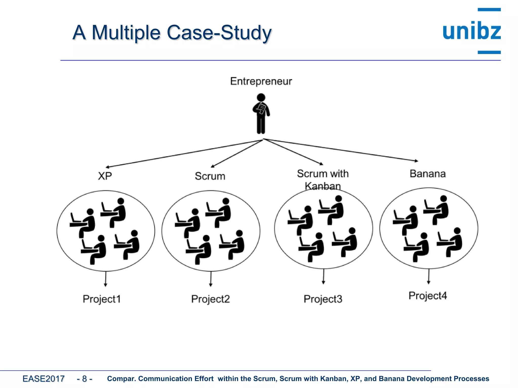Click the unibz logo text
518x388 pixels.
pyautogui.click(x=471, y=31)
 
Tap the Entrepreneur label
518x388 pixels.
pyautogui.click(x=261, y=81)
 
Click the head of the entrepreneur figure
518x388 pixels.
pyautogui.click(x=261, y=98)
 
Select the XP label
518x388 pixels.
pyautogui.click(x=105, y=176)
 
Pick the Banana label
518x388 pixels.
pyautogui.click(x=427, y=174)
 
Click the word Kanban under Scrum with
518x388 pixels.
pyautogui.click(x=322, y=186)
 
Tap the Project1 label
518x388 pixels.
pyautogui.click(x=102, y=299)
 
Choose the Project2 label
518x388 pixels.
pyautogui.click(x=210, y=299)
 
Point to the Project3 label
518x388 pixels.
pyautogui.click(x=323, y=299)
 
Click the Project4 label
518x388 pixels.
pyautogui.click(x=427, y=296)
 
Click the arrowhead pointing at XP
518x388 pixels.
pyautogui.click(x=107, y=167)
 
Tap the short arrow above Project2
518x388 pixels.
pyautogui.click(x=211, y=279)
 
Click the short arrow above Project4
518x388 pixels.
pyautogui.click(x=428, y=277)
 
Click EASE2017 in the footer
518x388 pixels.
pyautogui.click(x=44, y=379)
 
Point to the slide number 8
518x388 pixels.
pyautogui.click(x=84, y=379)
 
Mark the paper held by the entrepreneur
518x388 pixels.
pyautogui.click(x=261, y=108)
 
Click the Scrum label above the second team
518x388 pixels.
pyautogui.click(x=210, y=176)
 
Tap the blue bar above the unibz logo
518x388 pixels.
pyautogui.click(x=489, y=10)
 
